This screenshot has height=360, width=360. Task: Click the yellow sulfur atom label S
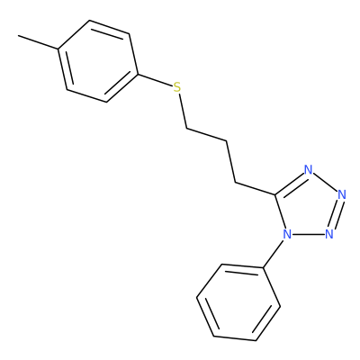(177, 87)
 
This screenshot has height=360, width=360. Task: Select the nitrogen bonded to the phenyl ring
(287, 234)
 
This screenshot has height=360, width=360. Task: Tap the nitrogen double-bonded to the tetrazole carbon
(308, 170)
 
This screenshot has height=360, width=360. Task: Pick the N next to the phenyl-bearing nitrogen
(329, 234)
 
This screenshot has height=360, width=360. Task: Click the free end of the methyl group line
(18, 36)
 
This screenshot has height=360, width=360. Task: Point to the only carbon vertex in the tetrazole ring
(275, 194)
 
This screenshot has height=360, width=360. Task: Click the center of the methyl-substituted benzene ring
(98, 61)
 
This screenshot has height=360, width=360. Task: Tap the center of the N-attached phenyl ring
(238, 302)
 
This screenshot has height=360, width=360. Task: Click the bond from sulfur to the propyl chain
(183, 112)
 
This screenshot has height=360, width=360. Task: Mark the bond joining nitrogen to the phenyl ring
(273, 254)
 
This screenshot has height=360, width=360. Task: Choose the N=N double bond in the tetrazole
(336, 215)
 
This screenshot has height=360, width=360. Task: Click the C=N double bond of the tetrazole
(290, 184)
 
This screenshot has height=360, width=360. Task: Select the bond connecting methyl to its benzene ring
(38, 42)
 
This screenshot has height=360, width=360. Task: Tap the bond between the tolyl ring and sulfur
(156, 80)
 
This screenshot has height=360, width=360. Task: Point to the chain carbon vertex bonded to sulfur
(186, 129)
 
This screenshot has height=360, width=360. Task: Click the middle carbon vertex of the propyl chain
(226, 141)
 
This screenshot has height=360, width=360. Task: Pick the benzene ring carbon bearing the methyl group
(58, 49)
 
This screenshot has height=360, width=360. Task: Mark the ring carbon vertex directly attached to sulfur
(139, 74)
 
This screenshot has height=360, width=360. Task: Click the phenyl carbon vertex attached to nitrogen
(264, 267)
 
